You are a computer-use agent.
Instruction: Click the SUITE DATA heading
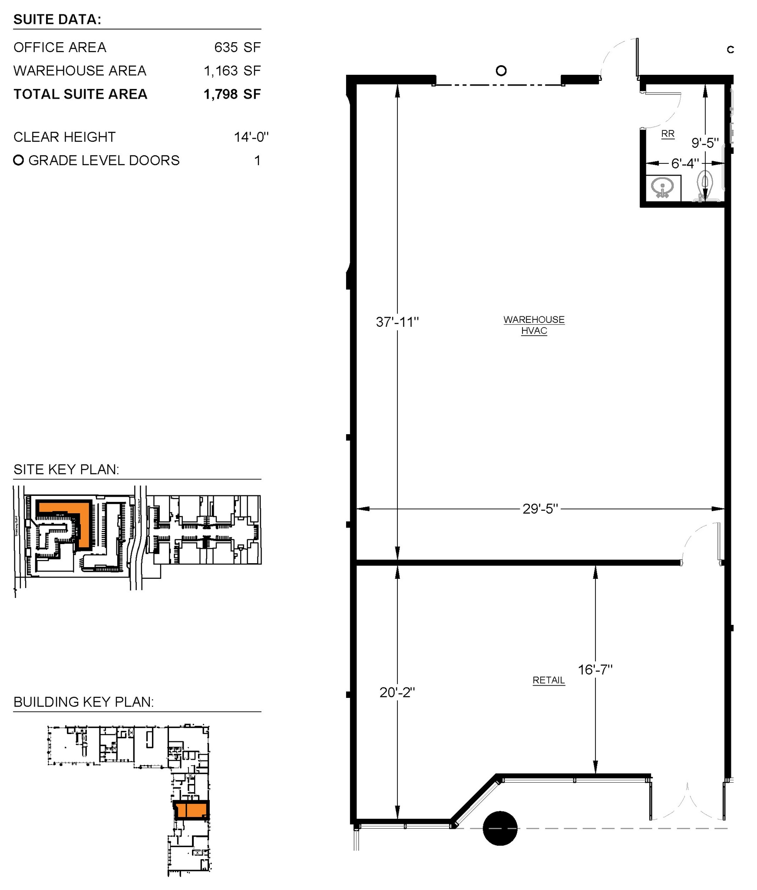[57, 19]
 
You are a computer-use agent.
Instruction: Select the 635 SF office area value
[237, 47]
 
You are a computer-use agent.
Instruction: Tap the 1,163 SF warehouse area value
[232, 70]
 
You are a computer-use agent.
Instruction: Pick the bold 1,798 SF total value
[232, 94]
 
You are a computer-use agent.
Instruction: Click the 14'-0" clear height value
[251, 137]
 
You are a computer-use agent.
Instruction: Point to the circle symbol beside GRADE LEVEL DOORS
[18, 160]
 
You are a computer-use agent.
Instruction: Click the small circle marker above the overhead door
[501, 70]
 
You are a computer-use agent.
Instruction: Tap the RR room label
[668, 133]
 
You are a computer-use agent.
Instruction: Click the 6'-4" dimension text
[685, 163]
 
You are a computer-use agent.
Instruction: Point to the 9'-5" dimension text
[705, 143]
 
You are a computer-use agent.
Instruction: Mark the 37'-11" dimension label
[397, 322]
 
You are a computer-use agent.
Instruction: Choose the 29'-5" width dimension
[540, 508]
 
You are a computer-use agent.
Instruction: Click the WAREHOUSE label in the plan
[534, 319]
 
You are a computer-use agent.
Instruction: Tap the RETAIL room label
[549, 680]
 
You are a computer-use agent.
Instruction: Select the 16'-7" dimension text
[595, 670]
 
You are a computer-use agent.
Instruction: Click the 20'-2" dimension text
[397, 692]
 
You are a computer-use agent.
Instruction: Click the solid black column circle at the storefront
[500, 828]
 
